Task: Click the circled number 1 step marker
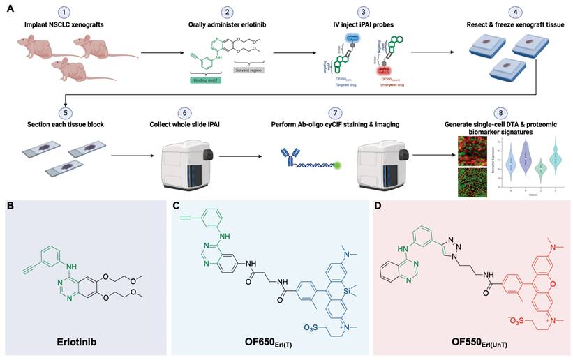[64, 13]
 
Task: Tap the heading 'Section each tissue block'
[64, 125]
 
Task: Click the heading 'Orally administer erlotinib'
[227, 24]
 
